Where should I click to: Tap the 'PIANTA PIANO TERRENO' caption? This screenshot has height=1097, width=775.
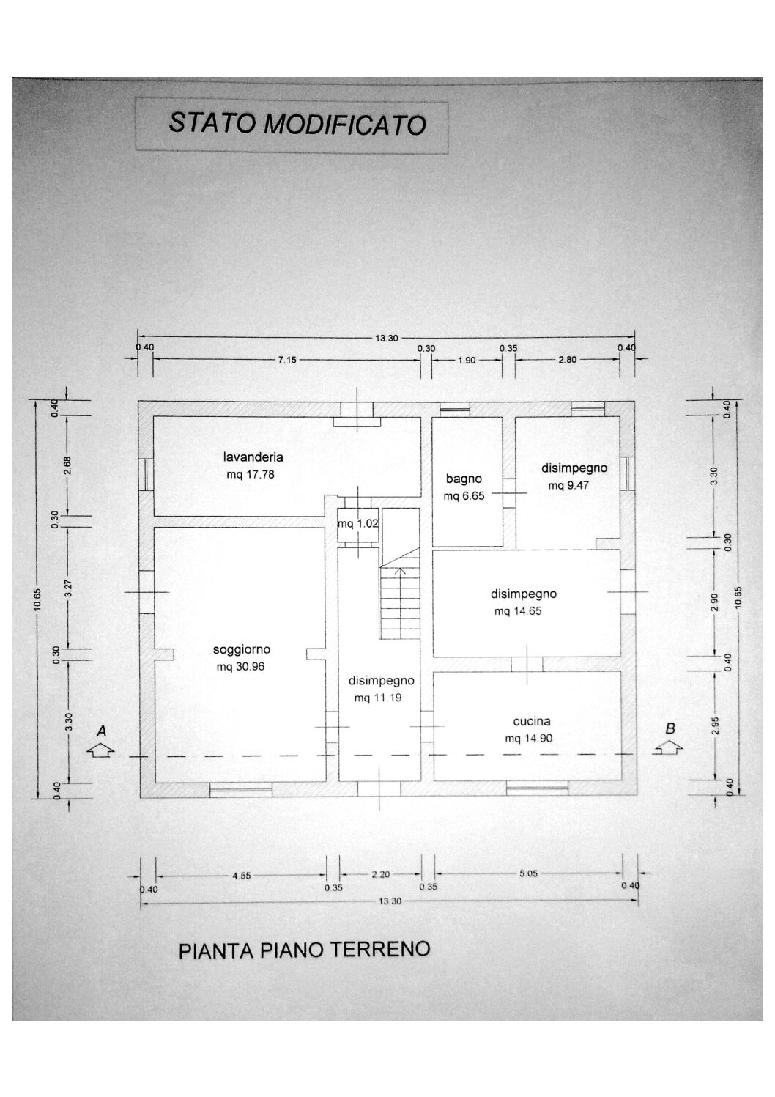pos(304,950)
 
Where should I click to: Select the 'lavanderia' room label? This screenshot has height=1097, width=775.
pos(253,457)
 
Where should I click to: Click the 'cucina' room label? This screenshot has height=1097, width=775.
pos(532,721)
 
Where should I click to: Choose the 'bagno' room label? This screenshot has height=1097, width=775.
pos(464,479)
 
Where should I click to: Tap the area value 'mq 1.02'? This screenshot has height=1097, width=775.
pos(358,523)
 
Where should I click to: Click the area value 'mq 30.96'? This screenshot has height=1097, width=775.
pos(240,667)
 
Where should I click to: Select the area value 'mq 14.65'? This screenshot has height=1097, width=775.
pos(518,610)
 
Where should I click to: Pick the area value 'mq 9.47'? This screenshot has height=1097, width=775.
pos(568,485)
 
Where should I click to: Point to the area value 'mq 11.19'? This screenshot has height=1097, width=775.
pos(378,698)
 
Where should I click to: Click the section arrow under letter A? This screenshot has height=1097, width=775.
pos(100,751)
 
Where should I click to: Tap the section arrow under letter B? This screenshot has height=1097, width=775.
pos(668,747)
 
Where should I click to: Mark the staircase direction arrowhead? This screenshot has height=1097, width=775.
pos(401,569)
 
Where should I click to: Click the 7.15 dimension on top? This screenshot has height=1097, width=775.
pos(287,360)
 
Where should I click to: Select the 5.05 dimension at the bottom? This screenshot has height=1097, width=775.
pos(529,873)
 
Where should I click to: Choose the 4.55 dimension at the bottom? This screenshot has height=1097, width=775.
pos(241,875)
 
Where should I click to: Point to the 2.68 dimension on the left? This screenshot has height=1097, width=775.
pos(67,465)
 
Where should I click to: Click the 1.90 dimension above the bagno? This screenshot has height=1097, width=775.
pos(467,360)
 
